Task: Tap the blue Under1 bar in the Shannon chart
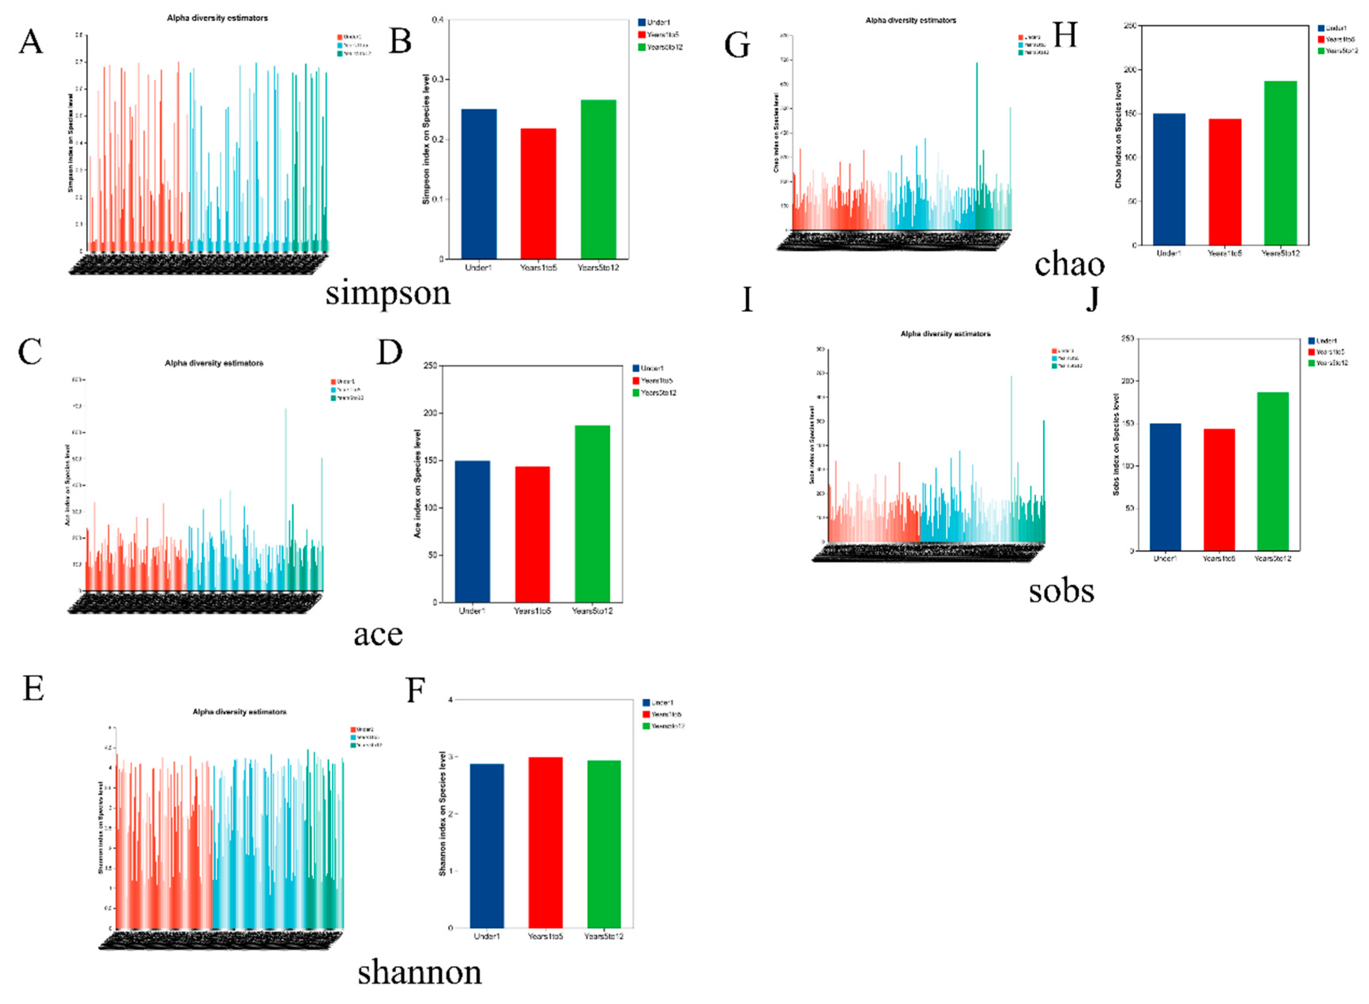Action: [x=486, y=845]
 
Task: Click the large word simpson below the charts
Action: [x=387, y=293]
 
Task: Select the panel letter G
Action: [x=737, y=45]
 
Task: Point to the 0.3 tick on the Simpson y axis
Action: [x=438, y=80]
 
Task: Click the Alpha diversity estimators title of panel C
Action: [x=214, y=363]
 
